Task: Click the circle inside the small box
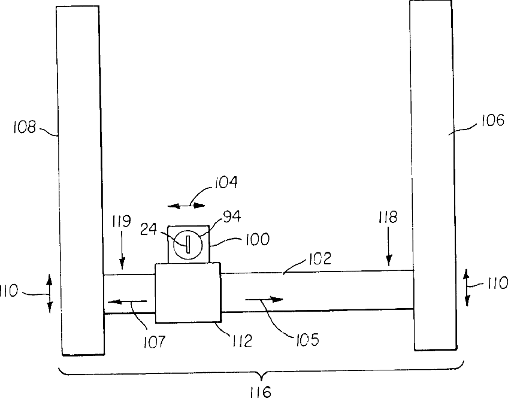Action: (x=188, y=245)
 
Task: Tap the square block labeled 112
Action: (x=188, y=293)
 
